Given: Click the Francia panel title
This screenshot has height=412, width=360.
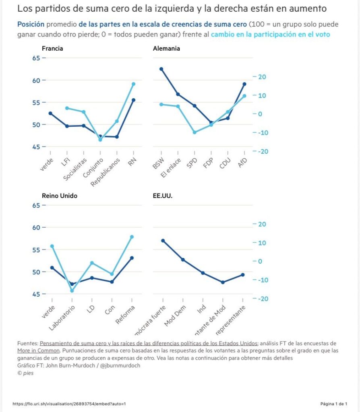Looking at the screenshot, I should (x=52, y=49).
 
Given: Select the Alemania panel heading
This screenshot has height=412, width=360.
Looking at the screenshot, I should (x=166, y=49).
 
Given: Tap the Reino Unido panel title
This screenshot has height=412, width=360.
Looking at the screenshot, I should (x=60, y=196).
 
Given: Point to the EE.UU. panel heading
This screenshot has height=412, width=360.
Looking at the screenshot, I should (x=160, y=196).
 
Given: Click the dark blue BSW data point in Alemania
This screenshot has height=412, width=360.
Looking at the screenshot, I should (x=161, y=69).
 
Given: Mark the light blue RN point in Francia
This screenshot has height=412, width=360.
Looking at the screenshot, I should (x=133, y=84).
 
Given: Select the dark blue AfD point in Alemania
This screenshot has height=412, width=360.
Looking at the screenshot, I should (x=244, y=84).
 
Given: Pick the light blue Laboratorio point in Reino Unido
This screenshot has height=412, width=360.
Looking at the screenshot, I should (x=72, y=290).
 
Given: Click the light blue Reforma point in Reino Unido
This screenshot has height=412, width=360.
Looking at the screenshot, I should (x=132, y=237).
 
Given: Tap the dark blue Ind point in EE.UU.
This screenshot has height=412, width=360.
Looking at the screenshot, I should (x=203, y=273).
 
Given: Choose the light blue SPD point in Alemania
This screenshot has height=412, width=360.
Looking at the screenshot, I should (x=194, y=132).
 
